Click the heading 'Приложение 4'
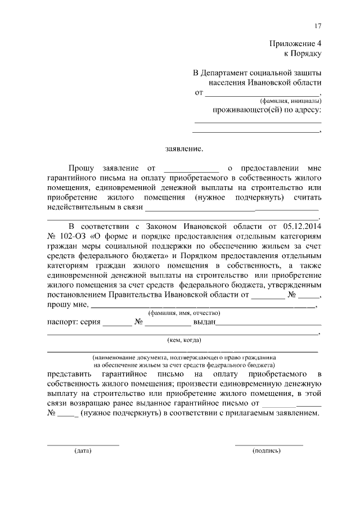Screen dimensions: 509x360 pos(298,44)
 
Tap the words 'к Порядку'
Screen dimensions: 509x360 pos(305,54)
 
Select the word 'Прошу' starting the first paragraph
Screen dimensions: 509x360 pos(82,168)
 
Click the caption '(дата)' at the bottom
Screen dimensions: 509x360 pos(82,451)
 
